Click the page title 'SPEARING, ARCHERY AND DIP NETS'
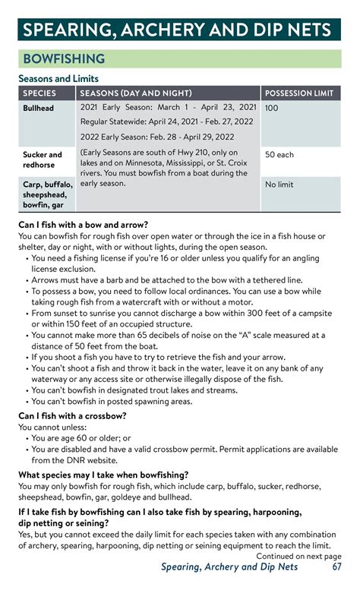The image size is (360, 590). pyautogui.click(x=176, y=30)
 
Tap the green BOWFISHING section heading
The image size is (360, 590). pyautogui.click(x=64, y=58)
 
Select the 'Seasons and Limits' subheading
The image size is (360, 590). pyautogui.click(x=58, y=78)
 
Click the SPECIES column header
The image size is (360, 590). pyautogui.click(x=39, y=93)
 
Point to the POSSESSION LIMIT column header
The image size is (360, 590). pyautogui.click(x=299, y=93)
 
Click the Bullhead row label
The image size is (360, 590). pyautogui.click(x=38, y=109)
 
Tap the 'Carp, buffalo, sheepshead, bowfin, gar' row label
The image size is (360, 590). pyautogui.click(x=47, y=194)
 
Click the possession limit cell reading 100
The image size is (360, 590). pyautogui.click(x=272, y=109)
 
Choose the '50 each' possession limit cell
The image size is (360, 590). pyautogui.click(x=279, y=154)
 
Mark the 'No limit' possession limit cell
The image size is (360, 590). pyautogui.click(x=279, y=185)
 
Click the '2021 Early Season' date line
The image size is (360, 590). pyautogui.click(x=169, y=108)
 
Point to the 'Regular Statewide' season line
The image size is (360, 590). pyautogui.click(x=167, y=121)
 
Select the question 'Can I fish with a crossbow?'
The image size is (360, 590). pyautogui.click(x=72, y=415)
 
